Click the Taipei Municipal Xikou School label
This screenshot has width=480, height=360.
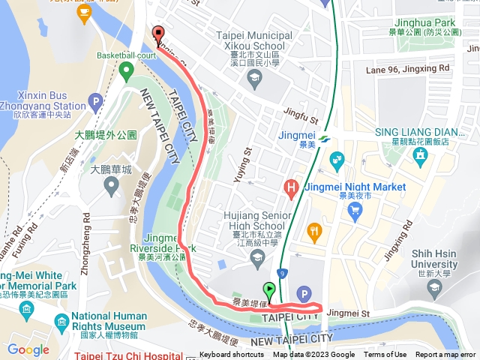click(253, 41)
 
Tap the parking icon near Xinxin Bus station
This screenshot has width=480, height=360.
click(95, 100)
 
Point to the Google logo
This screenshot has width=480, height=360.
click(28, 349)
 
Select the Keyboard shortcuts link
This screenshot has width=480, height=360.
click(232, 355)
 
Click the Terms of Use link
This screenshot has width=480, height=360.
click(385, 355)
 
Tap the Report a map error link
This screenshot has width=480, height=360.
click(446, 355)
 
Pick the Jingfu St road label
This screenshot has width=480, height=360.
click(301, 115)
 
